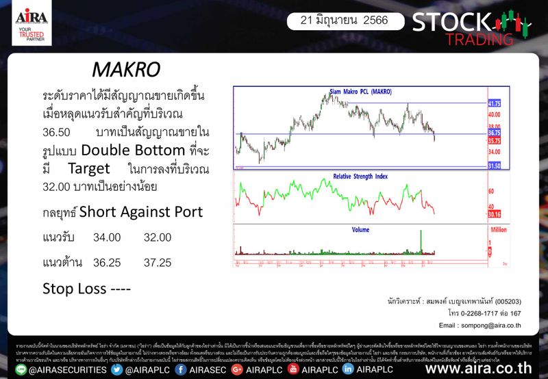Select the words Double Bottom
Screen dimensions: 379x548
pos(135,150)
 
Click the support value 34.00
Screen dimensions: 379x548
pos(107,237)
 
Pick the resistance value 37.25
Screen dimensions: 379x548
pos(158,262)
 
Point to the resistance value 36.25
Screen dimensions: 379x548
pos(107,262)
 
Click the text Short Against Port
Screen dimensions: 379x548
pos(141,212)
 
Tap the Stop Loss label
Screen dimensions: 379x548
pos(86,288)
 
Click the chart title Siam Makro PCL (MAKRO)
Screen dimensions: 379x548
pos(356,92)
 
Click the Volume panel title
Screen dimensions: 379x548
pos(361,230)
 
